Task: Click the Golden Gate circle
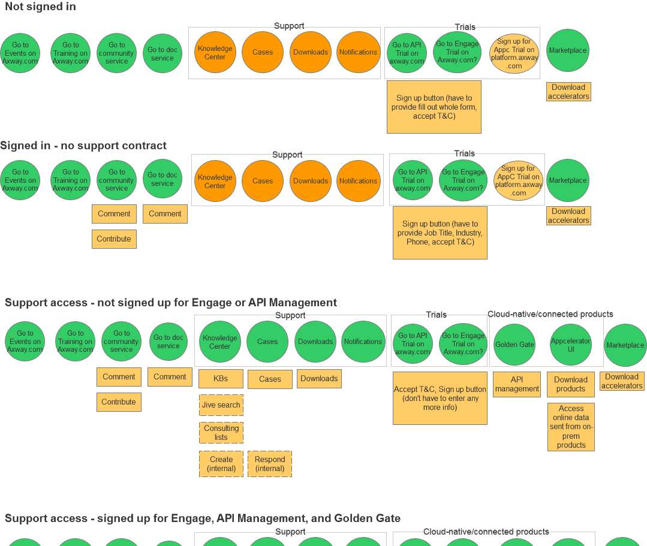(514, 345)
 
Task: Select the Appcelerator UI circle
(570, 345)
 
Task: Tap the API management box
(517, 384)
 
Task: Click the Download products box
(570, 384)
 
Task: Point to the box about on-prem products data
(571, 427)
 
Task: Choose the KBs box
(221, 379)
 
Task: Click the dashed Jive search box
(221, 405)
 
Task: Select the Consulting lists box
(221, 433)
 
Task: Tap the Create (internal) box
(221, 464)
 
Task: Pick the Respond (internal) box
(269, 464)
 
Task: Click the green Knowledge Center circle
(219, 342)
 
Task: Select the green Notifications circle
(363, 342)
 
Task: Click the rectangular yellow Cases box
(270, 379)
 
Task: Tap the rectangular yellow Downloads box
(319, 379)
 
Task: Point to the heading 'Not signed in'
(40, 7)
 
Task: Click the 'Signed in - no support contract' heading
(83, 146)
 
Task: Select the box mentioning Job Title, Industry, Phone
(440, 233)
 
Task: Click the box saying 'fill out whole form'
(434, 107)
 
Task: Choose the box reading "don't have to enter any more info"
(440, 398)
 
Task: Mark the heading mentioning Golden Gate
(203, 518)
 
